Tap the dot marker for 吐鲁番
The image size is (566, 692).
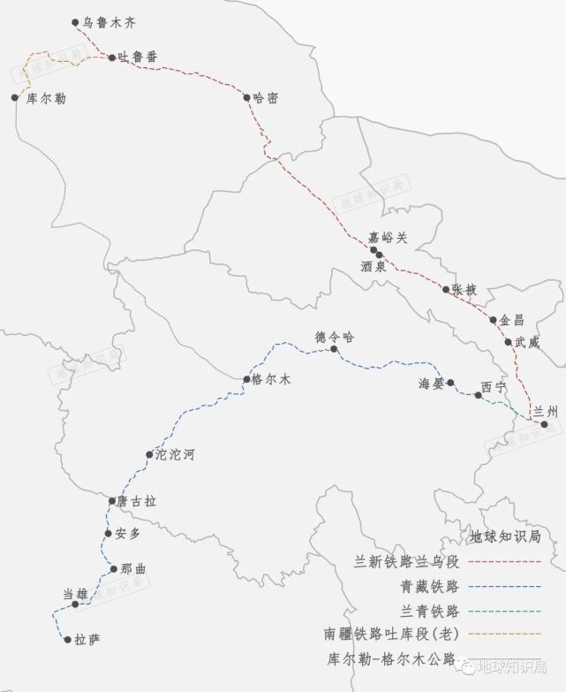click(x=111, y=57)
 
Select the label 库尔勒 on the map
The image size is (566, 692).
click(x=46, y=98)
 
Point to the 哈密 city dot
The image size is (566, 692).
click(x=247, y=97)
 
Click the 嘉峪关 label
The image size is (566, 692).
click(x=389, y=237)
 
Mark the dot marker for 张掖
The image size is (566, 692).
click(x=446, y=289)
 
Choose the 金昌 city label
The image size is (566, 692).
click(x=511, y=320)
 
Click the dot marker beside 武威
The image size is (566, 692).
click(x=509, y=342)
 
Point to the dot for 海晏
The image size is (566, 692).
click(x=450, y=383)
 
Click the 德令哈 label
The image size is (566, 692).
click(x=334, y=336)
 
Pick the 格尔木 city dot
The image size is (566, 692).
click(x=247, y=379)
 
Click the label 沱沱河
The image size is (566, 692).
click(x=174, y=456)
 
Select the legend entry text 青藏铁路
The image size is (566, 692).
click(x=429, y=585)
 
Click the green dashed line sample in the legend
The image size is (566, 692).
click(x=504, y=610)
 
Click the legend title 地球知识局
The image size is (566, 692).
click(x=504, y=536)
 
